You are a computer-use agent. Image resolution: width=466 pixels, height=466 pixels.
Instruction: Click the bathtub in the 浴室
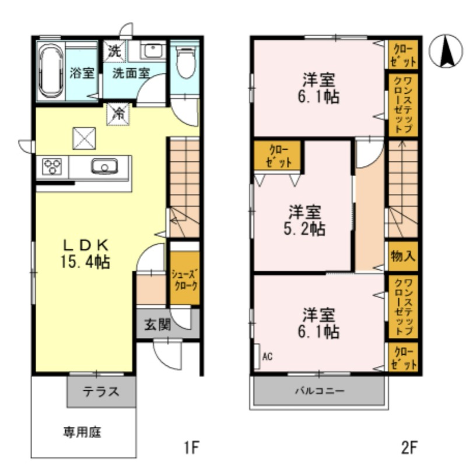tap(51, 70)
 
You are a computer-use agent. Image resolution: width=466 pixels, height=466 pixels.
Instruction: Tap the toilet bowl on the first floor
tap(186, 62)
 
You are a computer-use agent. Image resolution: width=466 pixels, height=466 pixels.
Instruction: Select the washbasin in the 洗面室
tap(153, 51)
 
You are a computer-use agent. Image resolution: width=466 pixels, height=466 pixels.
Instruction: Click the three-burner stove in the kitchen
tap(52, 167)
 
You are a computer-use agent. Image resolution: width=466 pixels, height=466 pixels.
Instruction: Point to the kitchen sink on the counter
tap(104, 166)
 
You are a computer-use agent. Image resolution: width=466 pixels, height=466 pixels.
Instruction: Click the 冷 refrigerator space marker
tap(118, 114)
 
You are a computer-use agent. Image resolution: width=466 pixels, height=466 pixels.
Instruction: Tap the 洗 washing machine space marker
tap(114, 51)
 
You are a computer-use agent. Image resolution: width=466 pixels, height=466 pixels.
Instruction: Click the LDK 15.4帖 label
tap(85, 254)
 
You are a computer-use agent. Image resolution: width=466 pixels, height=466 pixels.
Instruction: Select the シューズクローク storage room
tap(185, 278)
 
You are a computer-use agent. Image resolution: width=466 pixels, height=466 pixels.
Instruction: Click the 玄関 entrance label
tap(157, 324)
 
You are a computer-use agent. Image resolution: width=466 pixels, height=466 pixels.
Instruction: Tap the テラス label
tap(101, 391)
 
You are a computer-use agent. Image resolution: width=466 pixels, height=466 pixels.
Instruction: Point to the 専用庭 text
tap(82, 432)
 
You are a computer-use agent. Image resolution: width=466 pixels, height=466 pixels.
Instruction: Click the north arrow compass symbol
tap(446, 51)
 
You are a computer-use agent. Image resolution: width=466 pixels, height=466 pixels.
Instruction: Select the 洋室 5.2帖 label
tap(304, 220)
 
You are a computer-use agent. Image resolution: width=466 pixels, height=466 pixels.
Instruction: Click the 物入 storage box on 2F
tap(403, 256)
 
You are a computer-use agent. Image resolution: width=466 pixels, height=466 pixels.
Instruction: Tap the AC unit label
tap(267, 356)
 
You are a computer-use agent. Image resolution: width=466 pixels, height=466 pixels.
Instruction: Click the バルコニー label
tap(320, 390)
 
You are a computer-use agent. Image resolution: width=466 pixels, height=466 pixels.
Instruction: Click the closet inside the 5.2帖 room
tap(278, 155)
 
